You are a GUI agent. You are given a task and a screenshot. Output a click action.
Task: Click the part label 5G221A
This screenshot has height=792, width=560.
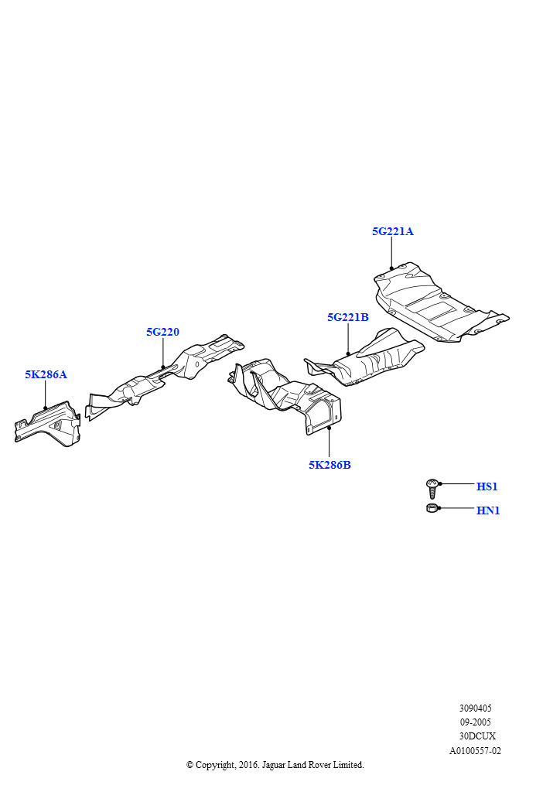pyautogui.click(x=392, y=231)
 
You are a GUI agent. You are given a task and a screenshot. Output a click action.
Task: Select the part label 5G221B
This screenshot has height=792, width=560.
pyautogui.click(x=348, y=317)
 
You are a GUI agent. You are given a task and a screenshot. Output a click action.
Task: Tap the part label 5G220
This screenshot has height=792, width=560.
pyautogui.click(x=162, y=332)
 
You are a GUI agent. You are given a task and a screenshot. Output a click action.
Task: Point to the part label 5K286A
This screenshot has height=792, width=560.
pyautogui.click(x=46, y=374)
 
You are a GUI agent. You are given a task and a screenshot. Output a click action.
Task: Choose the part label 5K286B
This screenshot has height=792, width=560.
pyautogui.click(x=330, y=465)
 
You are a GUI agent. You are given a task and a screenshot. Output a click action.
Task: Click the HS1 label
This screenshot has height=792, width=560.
pyautogui.click(x=487, y=486)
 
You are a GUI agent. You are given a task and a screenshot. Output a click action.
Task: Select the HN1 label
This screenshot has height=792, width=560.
pyautogui.click(x=488, y=510)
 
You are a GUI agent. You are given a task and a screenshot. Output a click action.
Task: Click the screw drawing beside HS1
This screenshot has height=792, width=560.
pyautogui.click(x=432, y=489)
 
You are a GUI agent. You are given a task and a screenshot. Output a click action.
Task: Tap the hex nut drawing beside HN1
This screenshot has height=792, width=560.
pyautogui.click(x=432, y=508)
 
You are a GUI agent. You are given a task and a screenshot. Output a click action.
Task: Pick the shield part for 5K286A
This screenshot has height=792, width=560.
pyautogui.click(x=47, y=424)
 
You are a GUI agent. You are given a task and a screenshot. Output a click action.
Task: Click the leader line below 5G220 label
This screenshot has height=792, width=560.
pyautogui.click(x=163, y=353)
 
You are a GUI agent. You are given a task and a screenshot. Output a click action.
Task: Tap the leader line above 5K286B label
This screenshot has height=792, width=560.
pyautogui.click(x=330, y=442)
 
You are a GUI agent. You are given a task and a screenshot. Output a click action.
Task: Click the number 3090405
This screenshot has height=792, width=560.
pyautogui.click(x=475, y=708)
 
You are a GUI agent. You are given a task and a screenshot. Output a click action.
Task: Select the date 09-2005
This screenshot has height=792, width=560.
pyautogui.click(x=475, y=722)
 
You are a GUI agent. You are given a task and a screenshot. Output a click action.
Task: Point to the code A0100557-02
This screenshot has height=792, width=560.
pyautogui.click(x=475, y=750)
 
